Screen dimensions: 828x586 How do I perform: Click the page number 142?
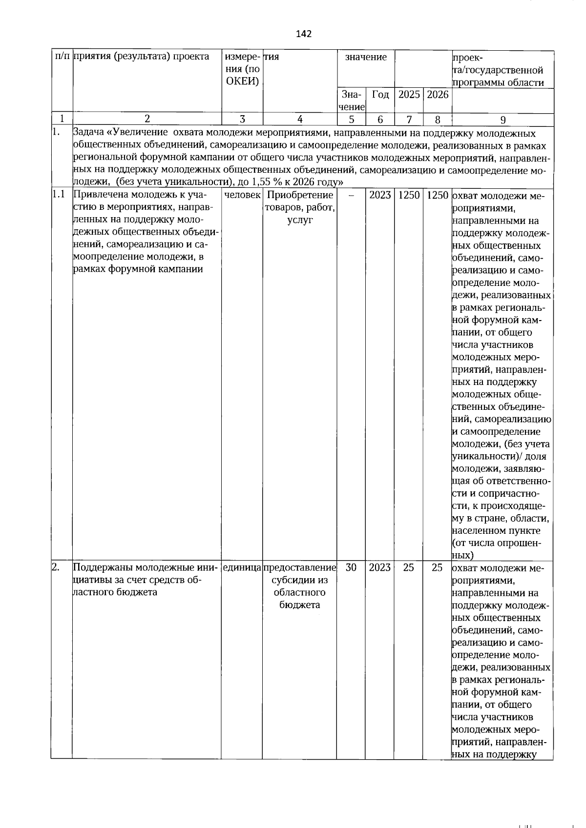pyautogui.click(x=303, y=34)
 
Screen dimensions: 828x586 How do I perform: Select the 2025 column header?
pyautogui.click(x=409, y=95)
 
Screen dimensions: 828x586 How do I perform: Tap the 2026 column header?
pyautogui.click(x=437, y=95)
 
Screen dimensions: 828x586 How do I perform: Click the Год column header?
pyautogui.click(x=380, y=95)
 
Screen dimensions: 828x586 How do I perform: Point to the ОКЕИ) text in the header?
pyautogui.click(x=243, y=81)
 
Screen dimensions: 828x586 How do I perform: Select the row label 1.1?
pyautogui.click(x=59, y=195)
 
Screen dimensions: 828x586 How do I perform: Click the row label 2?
pyautogui.click(x=56, y=567)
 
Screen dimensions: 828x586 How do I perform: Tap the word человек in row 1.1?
pyautogui.click(x=242, y=195)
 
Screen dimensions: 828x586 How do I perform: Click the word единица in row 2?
pyautogui.click(x=242, y=567)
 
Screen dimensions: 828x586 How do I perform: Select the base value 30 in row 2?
pyautogui.click(x=351, y=567)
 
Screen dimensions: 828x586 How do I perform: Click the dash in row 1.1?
pyautogui.click(x=351, y=195)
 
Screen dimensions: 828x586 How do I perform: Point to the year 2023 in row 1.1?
pyautogui.click(x=380, y=195)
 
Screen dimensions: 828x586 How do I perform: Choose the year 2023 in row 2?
pyautogui.click(x=380, y=567)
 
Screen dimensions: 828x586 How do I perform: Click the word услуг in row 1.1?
pyautogui.click(x=300, y=220)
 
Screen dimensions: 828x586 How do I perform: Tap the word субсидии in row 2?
pyautogui.click(x=300, y=580)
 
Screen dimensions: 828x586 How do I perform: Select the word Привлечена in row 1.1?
pyautogui.click(x=96, y=195)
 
